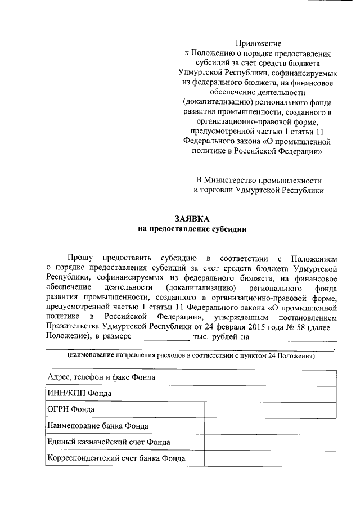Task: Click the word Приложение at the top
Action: pos(258,43)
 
